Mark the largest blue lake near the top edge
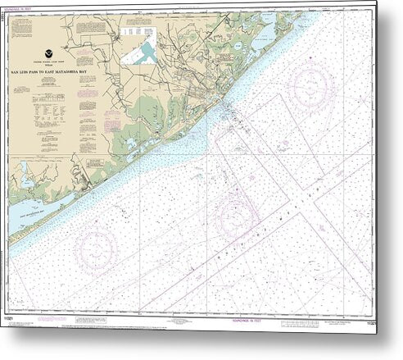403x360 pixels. (265, 32)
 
